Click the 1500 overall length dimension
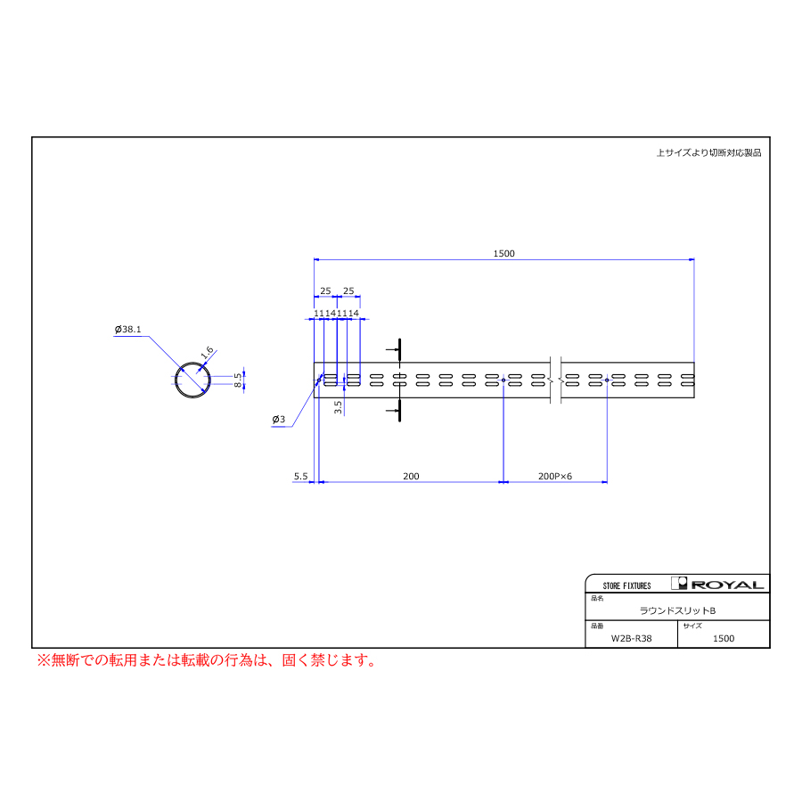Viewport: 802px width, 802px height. pyautogui.click(x=503, y=254)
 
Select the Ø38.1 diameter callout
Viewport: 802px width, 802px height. pyautogui.click(x=127, y=330)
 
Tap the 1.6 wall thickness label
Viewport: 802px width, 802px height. pyautogui.click(x=207, y=352)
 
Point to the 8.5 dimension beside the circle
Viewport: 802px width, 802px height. pyautogui.click(x=238, y=380)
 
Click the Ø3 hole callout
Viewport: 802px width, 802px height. pyautogui.click(x=279, y=420)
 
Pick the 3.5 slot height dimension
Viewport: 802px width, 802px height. pyautogui.click(x=338, y=407)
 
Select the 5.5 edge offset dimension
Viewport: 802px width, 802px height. pyautogui.click(x=301, y=476)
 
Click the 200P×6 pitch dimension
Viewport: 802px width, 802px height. pyautogui.click(x=555, y=476)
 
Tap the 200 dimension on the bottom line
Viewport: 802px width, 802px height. pyautogui.click(x=411, y=476)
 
